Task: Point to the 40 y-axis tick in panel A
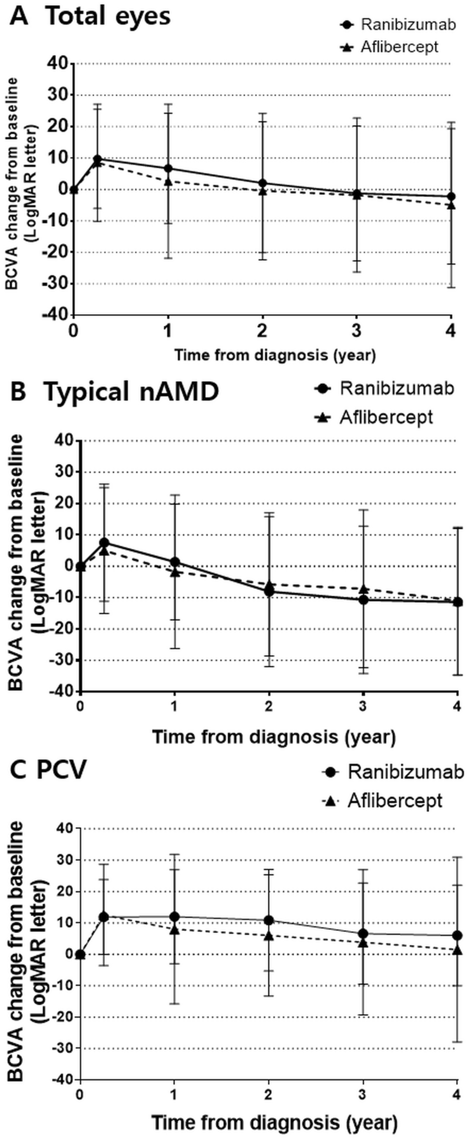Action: (x=58, y=63)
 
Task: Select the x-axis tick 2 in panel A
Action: (x=262, y=331)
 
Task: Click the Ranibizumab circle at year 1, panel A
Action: (x=168, y=169)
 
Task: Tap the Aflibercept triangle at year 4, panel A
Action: (x=451, y=205)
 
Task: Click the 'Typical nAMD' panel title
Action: (x=131, y=392)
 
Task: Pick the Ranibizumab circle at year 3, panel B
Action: (x=363, y=599)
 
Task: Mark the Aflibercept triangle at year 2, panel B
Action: (x=269, y=585)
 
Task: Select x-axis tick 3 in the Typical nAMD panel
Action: (x=363, y=706)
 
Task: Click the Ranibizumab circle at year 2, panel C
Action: (x=269, y=920)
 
